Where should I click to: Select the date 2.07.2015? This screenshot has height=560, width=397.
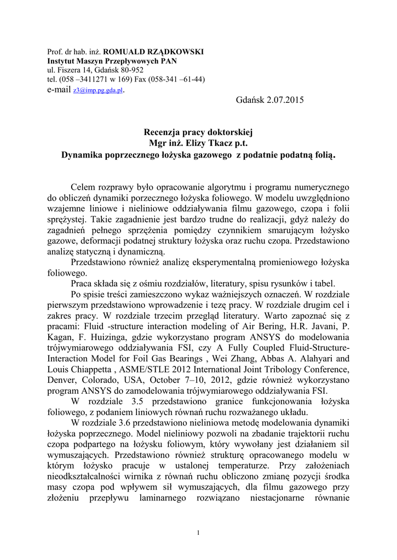[283, 100]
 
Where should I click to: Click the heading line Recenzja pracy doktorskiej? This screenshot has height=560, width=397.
[199, 132]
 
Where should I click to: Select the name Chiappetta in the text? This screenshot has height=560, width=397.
[92, 369]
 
